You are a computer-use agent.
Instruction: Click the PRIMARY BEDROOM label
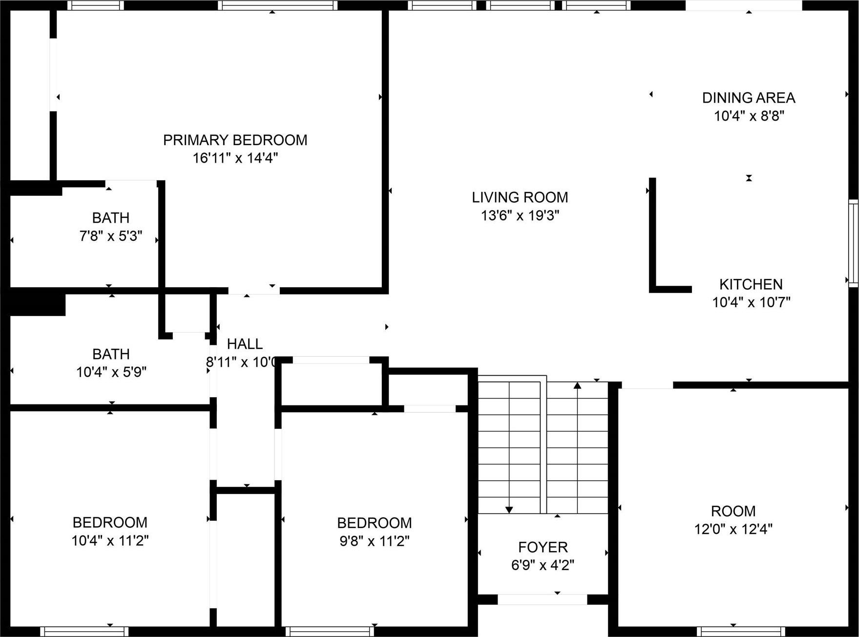tap(235, 140)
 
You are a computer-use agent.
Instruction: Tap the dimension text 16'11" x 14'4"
tap(235, 158)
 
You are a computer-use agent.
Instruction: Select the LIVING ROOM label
tap(520, 197)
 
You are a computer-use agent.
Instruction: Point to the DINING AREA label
tap(749, 98)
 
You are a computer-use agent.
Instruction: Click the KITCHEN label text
tap(751, 284)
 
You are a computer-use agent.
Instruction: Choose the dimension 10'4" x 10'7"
tap(751, 302)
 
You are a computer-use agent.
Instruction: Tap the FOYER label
tap(543, 547)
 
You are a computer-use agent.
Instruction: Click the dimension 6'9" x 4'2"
tap(543, 565)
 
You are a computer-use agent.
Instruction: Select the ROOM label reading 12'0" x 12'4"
tap(733, 511)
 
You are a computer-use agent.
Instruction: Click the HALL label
tap(245, 344)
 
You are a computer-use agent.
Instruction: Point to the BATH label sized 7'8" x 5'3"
tap(111, 218)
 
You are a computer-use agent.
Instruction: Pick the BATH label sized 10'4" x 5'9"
tap(111, 354)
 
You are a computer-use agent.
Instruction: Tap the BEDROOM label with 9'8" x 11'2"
tap(374, 523)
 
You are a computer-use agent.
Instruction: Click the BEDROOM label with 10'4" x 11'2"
tap(110, 523)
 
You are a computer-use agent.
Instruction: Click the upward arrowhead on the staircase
tap(577, 385)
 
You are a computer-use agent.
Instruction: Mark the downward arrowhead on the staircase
tap(509, 510)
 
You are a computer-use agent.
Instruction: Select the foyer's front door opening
tap(542, 599)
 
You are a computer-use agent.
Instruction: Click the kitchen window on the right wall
tap(853, 243)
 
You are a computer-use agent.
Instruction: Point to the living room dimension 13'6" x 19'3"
tap(520, 215)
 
